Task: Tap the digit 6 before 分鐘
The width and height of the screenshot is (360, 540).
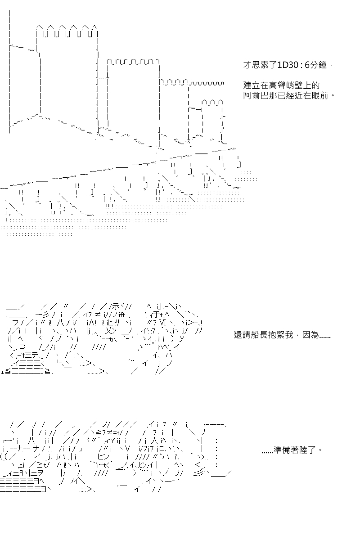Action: click(307, 65)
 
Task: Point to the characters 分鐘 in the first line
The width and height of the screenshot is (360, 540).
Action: click(318, 65)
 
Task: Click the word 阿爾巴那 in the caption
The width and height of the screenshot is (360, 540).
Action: click(260, 96)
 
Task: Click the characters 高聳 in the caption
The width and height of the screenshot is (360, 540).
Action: click(277, 85)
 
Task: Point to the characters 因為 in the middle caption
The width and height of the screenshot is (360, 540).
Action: click(310, 335)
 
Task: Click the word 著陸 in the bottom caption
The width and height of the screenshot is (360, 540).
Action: click(299, 450)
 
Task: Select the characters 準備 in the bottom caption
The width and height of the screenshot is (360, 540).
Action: click(282, 450)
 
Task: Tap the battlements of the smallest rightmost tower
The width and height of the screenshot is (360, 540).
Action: click(212, 102)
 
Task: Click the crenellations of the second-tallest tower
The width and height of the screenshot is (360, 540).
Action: click(133, 62)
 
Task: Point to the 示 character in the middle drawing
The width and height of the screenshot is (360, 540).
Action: click(116, 306)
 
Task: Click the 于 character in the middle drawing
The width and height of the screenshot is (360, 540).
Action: click(156, 315)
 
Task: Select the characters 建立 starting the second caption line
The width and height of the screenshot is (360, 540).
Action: click(251, 85)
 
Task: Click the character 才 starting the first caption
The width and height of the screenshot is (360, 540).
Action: click(247, 65)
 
